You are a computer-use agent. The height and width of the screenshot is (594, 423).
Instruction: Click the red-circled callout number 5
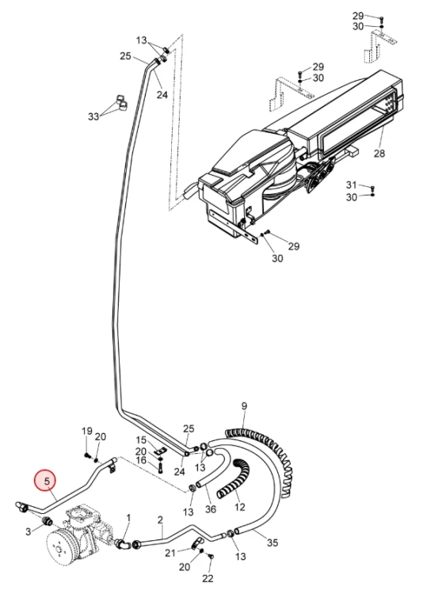47,482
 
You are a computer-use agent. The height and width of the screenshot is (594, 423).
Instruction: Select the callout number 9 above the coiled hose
244,406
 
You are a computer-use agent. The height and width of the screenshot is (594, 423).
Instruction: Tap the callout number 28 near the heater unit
379,153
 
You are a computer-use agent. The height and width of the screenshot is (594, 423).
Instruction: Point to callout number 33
93,116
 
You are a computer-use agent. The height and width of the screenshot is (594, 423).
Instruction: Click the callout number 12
240,507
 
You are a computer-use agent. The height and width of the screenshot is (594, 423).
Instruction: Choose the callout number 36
211,508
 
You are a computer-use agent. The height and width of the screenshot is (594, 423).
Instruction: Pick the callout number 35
272,543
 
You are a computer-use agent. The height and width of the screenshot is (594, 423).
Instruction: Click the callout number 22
208,578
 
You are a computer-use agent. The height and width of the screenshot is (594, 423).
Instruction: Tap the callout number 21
170,553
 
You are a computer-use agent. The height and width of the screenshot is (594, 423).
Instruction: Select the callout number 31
352,185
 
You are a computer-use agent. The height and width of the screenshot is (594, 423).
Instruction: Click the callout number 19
87,431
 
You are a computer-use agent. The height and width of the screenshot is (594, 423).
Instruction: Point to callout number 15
141,440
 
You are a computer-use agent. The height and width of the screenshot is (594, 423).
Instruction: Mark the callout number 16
141,460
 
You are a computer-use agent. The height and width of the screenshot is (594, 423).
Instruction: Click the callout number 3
28,531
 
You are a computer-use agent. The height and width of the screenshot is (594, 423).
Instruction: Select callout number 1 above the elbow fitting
128,517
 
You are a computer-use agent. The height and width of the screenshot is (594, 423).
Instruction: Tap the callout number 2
160,520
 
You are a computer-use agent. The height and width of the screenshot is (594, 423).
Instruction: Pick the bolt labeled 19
87,455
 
